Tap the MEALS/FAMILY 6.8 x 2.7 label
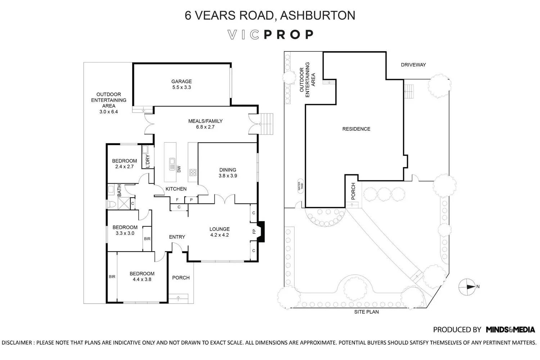(x=205, y=124)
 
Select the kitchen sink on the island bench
(x=172, y=164)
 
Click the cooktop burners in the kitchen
(x=193, y=172)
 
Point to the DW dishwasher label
(x=179, y=169)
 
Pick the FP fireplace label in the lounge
(x=254, y=231)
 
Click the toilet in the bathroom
(x=111, y=204)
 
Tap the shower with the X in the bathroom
(x=124, y=203)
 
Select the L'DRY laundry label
(x=148, y=161)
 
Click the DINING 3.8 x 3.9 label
(x=228, y=173)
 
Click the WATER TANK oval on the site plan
(x=300, y=186)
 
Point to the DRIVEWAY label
(x=413, y=65)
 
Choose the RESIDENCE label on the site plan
(x=356, y=129)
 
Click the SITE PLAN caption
(x=366, y=312)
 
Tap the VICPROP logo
(x=270, y=35)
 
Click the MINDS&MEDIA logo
(x=510, y=329)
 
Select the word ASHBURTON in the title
(x=318, y=15)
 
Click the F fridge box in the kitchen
(x=177, y=200)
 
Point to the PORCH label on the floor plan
(x=181, y=278)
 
